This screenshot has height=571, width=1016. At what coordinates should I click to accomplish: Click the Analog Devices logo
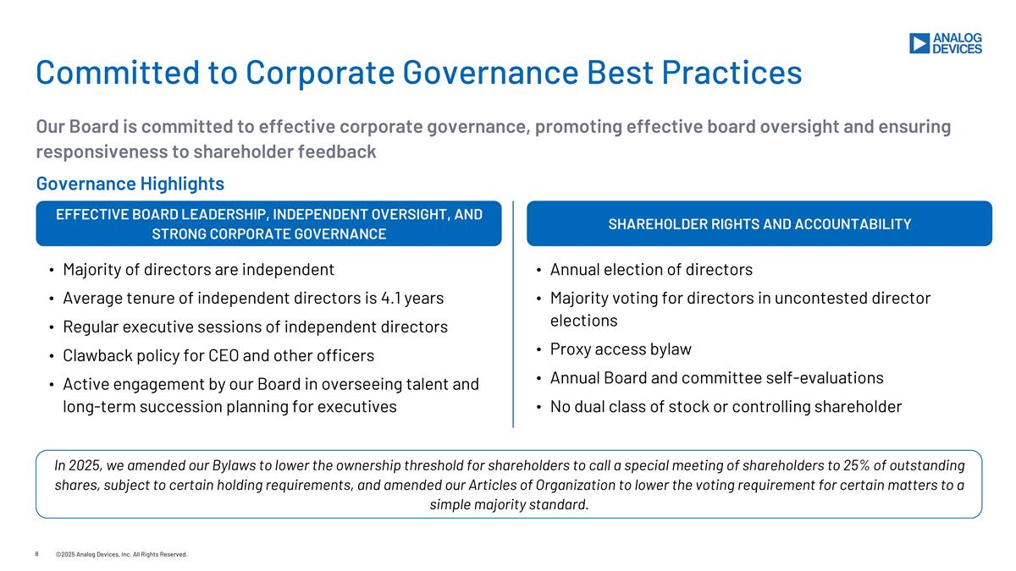coord(945,43)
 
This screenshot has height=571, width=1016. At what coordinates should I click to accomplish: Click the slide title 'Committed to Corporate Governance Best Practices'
coord(418,73)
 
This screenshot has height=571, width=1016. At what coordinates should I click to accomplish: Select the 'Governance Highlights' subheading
coord(130,184)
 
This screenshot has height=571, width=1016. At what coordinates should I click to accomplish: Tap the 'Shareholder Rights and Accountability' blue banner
coord(759,224)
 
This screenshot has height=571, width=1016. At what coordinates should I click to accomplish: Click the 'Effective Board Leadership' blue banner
coord(268,224)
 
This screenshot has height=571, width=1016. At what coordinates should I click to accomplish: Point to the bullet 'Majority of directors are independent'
coord(198,270)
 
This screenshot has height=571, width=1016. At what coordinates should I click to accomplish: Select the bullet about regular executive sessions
coord(255,327)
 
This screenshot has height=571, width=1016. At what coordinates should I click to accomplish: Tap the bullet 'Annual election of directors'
coord(650,270)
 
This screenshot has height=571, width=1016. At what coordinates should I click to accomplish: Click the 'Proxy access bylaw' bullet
coord(621,349)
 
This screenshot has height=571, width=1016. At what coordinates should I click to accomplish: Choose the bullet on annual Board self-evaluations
coord(716,378)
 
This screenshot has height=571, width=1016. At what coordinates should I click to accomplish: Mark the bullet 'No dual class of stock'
coord(726,407)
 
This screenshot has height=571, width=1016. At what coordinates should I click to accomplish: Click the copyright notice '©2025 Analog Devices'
coord(121,554)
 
